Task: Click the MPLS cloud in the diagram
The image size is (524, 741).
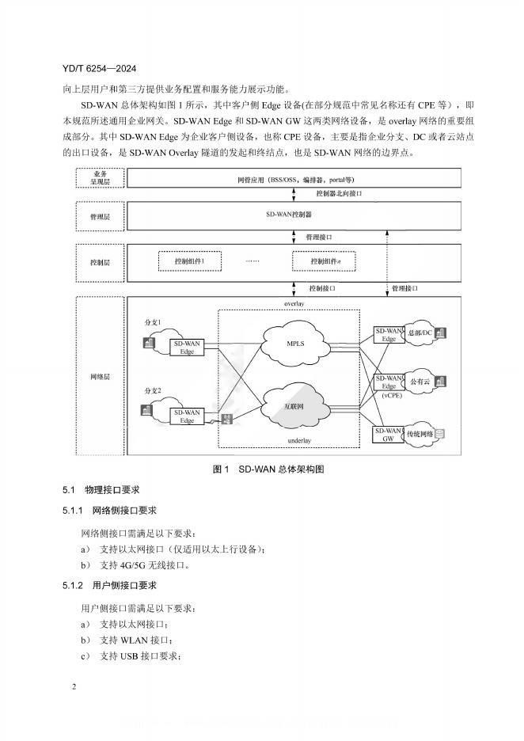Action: click(x=294, y=344)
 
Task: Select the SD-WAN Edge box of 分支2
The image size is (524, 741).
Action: click(x=187, y=416)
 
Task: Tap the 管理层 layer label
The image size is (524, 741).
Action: click(x=100, y=215)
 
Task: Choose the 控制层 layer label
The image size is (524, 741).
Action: click(x=100, y=260)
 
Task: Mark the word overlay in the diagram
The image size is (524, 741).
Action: click(x=294, y=304)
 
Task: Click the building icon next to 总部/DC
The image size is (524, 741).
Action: click(x=439, y=332)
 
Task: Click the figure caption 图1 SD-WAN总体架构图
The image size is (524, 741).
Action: click(x=269, y=469)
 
